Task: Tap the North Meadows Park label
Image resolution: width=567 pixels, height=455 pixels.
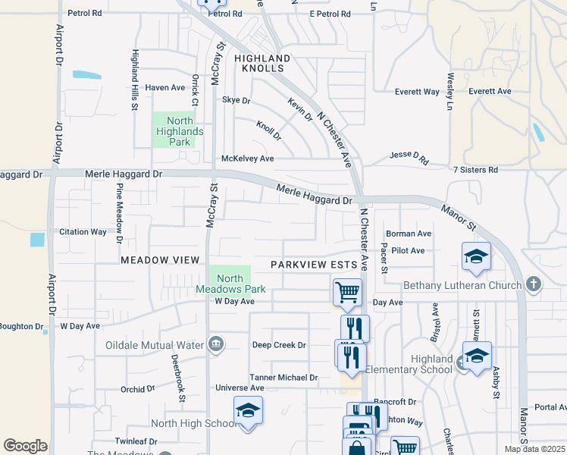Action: [230, 284]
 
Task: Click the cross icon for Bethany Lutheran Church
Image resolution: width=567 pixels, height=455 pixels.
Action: [534, 285]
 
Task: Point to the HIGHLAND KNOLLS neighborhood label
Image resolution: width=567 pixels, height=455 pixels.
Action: [262, 63]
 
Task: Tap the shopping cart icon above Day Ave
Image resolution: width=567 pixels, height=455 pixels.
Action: [347, 292]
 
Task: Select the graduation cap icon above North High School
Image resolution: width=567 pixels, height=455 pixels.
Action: [248, 409]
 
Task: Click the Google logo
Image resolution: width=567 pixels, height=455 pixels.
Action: [25, 446]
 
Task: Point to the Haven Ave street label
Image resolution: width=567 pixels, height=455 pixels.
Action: [165, 88]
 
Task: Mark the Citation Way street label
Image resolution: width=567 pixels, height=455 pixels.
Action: [83, 232]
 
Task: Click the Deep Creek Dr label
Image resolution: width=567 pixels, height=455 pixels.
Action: [279, 345]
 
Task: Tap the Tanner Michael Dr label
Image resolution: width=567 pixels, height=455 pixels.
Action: [283, 378]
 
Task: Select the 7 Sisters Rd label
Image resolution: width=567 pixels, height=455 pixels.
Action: [475, 170]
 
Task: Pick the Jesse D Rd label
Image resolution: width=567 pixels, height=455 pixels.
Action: [409, 155]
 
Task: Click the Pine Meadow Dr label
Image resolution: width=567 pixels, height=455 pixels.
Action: [120, 213]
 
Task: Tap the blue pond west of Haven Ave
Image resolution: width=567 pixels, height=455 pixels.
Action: [86, 75]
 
